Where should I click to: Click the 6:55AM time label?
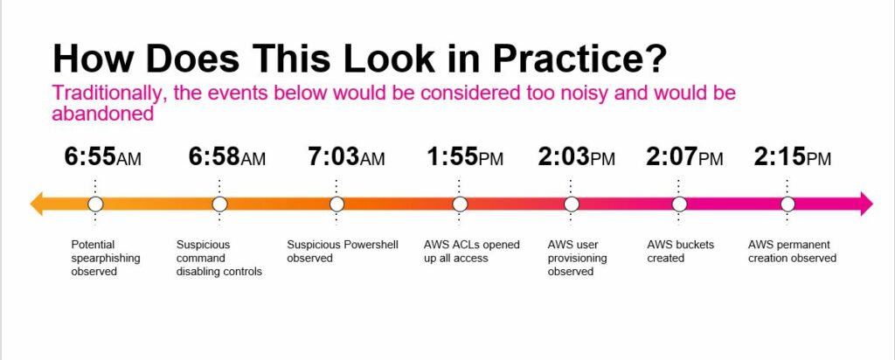(x=103, y=157)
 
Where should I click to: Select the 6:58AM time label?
(x=227, y=157)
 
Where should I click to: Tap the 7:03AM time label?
(x=346, y=157)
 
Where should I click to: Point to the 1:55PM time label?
(x=465, y=157)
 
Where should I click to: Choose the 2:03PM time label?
(x=577, y=157)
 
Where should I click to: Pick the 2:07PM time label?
(x=684, y=157)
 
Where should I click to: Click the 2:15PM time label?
(x=792, y=157)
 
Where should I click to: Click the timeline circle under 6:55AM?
(x=95, y=204)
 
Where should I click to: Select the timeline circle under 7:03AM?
(x=336, y=204)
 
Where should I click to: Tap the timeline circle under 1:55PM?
(x=460, y=204)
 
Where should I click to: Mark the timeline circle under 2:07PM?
(x=679, y=204)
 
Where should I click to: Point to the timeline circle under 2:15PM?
(x=787, y=204)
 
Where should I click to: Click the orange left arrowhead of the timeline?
(x=37, y=204)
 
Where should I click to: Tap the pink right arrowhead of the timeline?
(x=866, y=204)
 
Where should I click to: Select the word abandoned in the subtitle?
(x=103, y=114)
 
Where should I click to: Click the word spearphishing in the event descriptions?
(x=106, y=259)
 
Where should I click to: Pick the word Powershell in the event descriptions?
(x=370, y=245)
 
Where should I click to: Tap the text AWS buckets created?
(x=680, y=252)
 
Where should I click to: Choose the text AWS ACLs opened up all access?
(x=471, y=252)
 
